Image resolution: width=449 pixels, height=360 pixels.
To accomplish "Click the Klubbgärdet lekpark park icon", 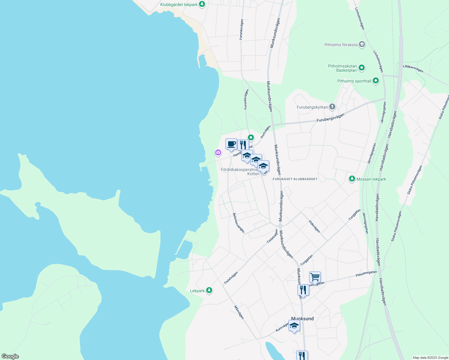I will tap(202, 4).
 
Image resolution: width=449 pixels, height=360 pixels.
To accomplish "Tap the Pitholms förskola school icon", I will tap(362, 45).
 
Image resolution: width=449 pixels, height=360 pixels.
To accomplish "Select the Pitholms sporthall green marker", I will tap(375, 81).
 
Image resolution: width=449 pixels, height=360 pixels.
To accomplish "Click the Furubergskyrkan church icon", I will tap(332, 107).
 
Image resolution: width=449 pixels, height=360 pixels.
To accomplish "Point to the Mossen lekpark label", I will tap(371, 179).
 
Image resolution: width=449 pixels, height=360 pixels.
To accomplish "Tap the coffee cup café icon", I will tap(231, 144).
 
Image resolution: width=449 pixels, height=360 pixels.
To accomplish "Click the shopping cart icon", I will tap(315, 277).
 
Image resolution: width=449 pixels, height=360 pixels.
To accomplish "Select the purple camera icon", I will tap(218, 153).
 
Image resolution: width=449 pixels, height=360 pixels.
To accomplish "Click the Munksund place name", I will tap(302, 319).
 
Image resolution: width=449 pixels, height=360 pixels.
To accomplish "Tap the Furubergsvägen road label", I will tap(330, 118).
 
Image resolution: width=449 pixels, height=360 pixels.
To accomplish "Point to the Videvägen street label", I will tap(315, 226).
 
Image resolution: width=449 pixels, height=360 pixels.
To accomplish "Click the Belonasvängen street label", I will tap(239, 223).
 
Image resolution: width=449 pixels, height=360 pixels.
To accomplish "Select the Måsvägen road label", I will tap(239, 312).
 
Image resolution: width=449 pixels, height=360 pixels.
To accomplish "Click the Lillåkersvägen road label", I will tap(413, 69).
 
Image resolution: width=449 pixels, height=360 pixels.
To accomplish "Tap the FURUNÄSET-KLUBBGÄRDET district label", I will tap(295, 179).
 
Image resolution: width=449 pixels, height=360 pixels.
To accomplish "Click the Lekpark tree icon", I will tap(209, 290).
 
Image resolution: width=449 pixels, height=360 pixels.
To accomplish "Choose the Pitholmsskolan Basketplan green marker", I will tap(362, 68).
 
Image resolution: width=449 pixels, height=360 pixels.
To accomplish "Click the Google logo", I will tap(10, 356).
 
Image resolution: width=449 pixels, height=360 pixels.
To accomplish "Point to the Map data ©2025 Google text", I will tap(430, 358).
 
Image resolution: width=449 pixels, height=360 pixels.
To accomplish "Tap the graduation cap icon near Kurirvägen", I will tap(294, 326).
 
